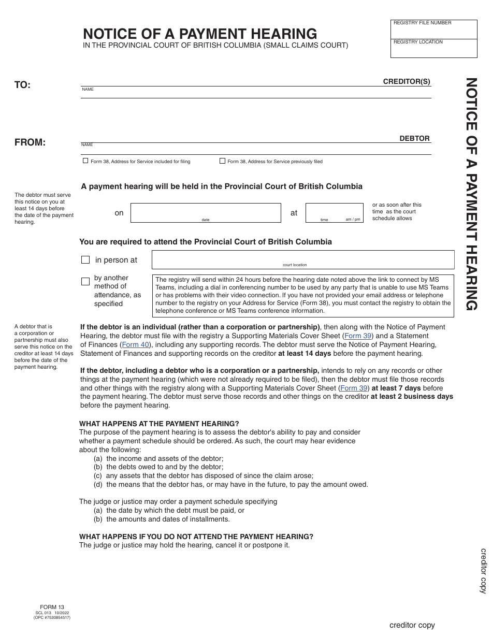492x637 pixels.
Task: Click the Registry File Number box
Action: pos(433,30)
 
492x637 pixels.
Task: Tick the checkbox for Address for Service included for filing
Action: pos(85,161)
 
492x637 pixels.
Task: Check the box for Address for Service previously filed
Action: pos(223,161)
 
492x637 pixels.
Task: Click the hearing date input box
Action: pos(206,212)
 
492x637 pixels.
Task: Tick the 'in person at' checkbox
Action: pos(85,260)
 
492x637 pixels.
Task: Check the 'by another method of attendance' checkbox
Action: pos(85,282)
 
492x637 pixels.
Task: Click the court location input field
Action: pos(302,258)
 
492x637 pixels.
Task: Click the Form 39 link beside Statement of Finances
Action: pos(358,336)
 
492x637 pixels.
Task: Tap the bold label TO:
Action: pos(22,85)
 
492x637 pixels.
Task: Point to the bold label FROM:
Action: pos(30,142)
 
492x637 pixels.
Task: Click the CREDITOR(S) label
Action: pos(407,81)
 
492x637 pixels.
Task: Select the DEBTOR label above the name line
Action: pos(414,138)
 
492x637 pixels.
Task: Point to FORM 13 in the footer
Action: pos(52,607)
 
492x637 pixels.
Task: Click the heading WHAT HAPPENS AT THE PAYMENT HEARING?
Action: pos(159,424)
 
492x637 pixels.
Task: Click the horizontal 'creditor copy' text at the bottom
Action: pos(412,625)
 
